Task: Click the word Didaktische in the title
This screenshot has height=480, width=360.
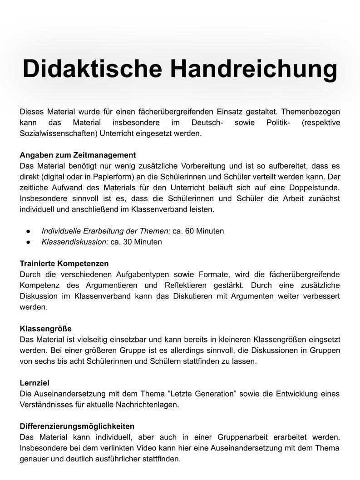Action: pos(92,69)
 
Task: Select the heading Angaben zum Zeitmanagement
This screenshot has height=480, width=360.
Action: pos(78,155)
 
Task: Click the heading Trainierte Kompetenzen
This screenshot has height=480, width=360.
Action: pos(64,263)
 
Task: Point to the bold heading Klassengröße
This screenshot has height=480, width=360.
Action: pos(45,328)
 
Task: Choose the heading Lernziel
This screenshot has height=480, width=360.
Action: pos(35,383)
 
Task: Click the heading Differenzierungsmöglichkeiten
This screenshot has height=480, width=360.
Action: pos(77,426)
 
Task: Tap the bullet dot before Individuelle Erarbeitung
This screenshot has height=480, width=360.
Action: pos(28,231)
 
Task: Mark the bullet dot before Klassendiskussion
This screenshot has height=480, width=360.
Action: pos(28,242)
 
